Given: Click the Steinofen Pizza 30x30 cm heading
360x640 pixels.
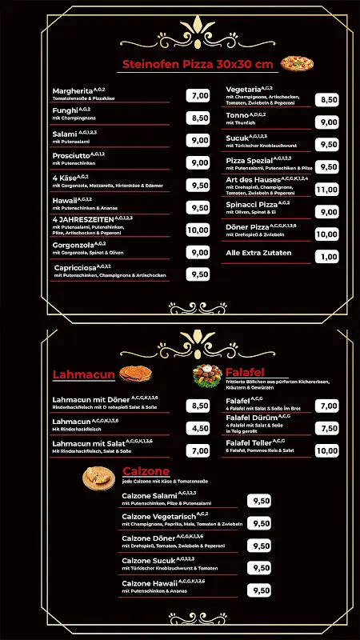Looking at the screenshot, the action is pyautogui.click(x=197, y=64).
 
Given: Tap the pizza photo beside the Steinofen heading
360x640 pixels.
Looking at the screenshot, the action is pyautogui.click(x=297, y=63).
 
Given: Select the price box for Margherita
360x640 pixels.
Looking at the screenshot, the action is pyautogui.click(x=198, y=95).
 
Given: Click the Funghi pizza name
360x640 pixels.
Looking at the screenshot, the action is pyautogui.click(x=65, y=112).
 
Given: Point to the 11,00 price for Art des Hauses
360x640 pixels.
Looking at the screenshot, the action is pyautogui.click(x=326, y=190).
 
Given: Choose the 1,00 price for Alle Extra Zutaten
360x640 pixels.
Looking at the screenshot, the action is pyautogui.click(x=326, y=257).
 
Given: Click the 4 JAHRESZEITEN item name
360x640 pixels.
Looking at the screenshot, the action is pyautogui.click(x=82, y=218).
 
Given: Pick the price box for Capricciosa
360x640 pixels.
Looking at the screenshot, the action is pyautogui.click(x=198, y=274).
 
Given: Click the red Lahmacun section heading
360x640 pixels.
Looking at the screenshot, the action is pyautogui.click(x=85, y=374).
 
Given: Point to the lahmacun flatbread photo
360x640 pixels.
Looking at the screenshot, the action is pyautogui.click(x=139, y=374).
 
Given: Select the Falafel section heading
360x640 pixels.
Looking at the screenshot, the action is pyautogui.click(x=245, y=373).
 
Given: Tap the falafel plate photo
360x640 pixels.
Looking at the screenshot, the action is pyautogui.click(x=206, y=374).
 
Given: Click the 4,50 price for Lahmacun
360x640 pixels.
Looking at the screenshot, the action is pyautogui.click(x=198, y=428).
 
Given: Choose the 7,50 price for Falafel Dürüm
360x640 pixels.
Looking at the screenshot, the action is pyautogui.click(x=326, y=428).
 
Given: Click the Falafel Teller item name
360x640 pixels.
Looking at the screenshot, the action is pyautogui.click(x=249, y=442).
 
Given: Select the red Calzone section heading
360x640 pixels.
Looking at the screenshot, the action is pyautogui.click(x=146, y=471).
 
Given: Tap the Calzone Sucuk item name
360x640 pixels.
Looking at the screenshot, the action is pyautogui.click(x=149, y=561).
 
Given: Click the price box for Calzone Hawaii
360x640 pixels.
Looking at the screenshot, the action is pyautogui.click(x=260, y=590).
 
